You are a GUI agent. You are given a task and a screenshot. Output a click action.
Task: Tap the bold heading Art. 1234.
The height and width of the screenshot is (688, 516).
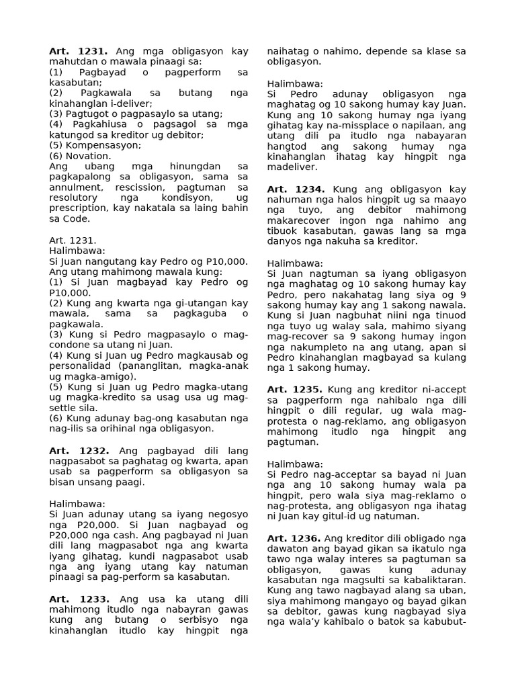[297, 189]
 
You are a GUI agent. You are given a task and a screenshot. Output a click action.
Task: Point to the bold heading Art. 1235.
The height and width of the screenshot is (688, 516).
[297, 390]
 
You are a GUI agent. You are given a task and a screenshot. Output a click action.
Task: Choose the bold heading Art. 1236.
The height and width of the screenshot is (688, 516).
[295, 538]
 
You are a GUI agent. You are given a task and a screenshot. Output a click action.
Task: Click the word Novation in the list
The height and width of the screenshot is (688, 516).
[87, 155]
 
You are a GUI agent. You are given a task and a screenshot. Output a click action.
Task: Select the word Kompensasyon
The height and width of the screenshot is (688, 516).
[98, 145]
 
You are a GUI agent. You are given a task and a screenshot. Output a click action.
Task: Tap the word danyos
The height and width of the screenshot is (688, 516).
[287, 241]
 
